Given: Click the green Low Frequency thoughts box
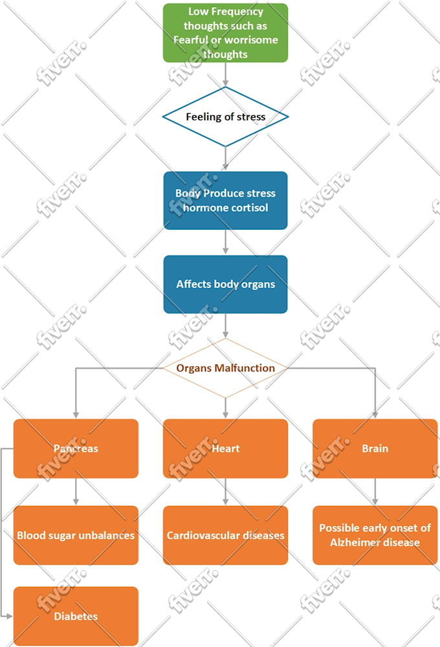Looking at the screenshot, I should coord(225,32).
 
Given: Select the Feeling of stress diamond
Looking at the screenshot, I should coord(225,117).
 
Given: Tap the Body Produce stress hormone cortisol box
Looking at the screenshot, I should coord(225,200).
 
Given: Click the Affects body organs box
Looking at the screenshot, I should coord(225,284).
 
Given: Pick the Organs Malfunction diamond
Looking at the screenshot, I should coord(225,368).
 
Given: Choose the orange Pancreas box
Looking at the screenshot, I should coord(76,448).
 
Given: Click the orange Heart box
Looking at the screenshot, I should coord(225,448).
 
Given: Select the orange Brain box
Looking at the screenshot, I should coord(375,448).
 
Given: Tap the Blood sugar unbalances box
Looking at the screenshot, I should coord(76,535).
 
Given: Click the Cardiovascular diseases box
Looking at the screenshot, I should coord(225,535).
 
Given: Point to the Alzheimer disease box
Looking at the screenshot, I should coord(375,535).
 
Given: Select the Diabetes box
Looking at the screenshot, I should coord(76,616).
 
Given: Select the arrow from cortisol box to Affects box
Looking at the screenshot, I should coord(225,242).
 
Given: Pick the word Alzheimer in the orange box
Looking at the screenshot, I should coord(355,542).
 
